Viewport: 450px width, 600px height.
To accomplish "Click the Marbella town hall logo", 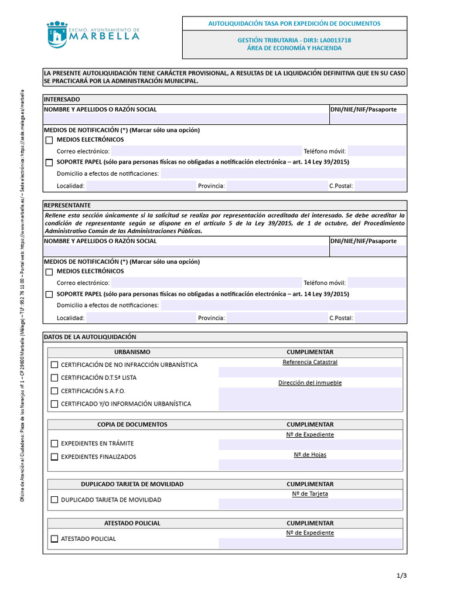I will pyautogui.click(x=93, y=35).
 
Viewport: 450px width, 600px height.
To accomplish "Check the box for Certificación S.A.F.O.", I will pyautogui.click(x=54, y=391).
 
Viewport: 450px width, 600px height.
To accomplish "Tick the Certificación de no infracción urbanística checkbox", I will pyautogui.click(x=54, y=364).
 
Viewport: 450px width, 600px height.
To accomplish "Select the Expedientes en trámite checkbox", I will pyautogui.click(x=54, y=444).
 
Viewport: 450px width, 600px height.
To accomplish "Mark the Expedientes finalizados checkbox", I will pyautogui.click(x=54, y=457).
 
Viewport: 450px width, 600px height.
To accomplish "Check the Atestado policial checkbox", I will pyautogui.click(x=54, y=538).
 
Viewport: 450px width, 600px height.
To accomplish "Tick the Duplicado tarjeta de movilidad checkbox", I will pyautogui.click(x=54, y=500).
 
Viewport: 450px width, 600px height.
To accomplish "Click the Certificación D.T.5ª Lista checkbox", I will pyautogui.click(x=54, y=378).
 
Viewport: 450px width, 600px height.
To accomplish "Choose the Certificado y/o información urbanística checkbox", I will pyautogui.click(x=54, y=404).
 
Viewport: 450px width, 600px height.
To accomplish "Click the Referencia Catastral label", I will pyautogui.click(x=310, y=362).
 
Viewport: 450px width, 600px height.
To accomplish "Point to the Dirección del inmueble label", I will pyautogui.click(x=310, y=383).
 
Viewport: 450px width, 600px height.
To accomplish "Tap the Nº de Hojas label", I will pyautogui.click(x=310, y=454).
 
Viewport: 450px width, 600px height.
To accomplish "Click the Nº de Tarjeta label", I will pyautogui.click(x=310, y=493).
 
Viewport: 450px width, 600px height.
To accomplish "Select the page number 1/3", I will pyautogui.click(x=401, y=575).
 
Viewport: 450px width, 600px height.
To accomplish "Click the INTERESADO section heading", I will pyautogui.click(x=62, y=100).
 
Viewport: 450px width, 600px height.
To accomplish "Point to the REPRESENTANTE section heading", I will pyautogui.click(x=67, y=206).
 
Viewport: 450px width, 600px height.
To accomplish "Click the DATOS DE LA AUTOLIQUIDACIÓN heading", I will pyautogui.click(x=90, y=337).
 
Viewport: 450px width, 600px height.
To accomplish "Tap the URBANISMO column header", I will pyautogui.click(x=132, y=352).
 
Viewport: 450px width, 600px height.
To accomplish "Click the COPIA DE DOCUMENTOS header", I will pyautogui.click(x=132, y=424).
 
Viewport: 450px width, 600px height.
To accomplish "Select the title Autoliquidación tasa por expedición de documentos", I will pyautogui.click(x=294, y=23).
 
